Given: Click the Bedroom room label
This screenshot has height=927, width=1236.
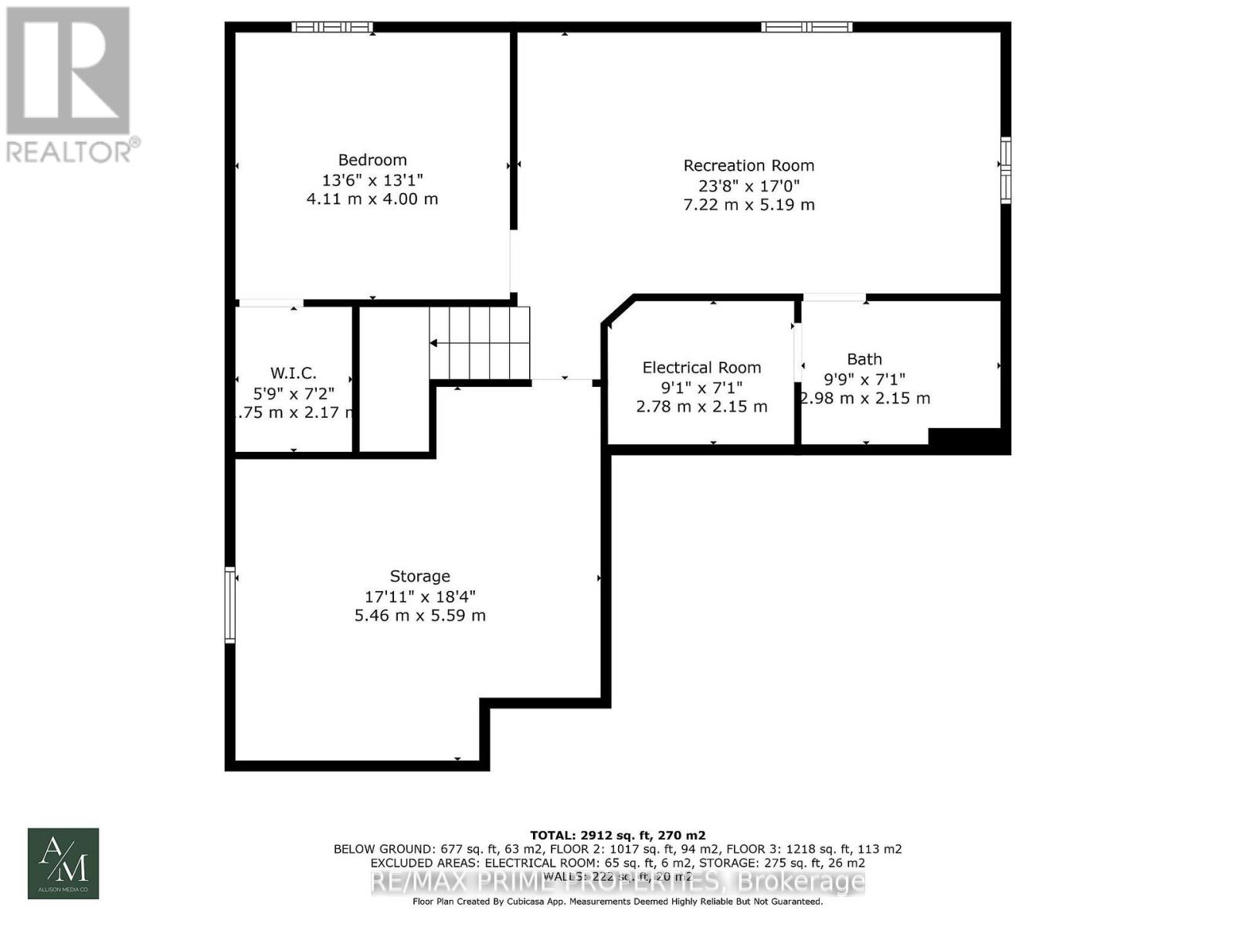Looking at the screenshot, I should tap(372, 160).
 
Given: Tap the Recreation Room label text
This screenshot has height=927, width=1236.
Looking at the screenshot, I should tap(749, 165).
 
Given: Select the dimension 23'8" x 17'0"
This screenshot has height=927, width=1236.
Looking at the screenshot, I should tap(749, 185).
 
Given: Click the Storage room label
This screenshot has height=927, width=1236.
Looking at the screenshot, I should tap(419, 576).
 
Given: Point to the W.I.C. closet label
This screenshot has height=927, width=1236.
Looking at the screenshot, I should tap(293, 373).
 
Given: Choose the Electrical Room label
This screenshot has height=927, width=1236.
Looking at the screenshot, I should tap(701, 368).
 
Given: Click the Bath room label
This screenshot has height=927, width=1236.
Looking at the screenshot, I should tap(864, 359).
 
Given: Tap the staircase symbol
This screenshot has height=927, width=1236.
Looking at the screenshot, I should tap(480, 342).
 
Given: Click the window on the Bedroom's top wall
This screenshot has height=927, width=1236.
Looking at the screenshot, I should tap(332, 27).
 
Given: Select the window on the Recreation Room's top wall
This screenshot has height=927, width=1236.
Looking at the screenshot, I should tap(806, 27).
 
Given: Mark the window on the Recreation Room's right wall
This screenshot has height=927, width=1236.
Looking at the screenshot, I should tap(1005, 170).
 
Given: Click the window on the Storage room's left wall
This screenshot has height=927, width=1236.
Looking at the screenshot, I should tap(229, 605).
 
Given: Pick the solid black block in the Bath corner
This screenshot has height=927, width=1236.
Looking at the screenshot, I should tap(967, 440).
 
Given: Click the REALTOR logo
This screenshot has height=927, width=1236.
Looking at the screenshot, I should tap(69, 84).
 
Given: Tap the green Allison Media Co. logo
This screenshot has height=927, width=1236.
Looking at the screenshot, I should tap(63, 864).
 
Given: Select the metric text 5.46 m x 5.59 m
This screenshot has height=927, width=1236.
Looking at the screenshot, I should tap(419, 616).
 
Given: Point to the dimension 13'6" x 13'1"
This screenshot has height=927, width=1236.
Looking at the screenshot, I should tap(372, 180).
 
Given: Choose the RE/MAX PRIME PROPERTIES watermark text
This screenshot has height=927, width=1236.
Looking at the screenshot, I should tap(617, 881).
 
